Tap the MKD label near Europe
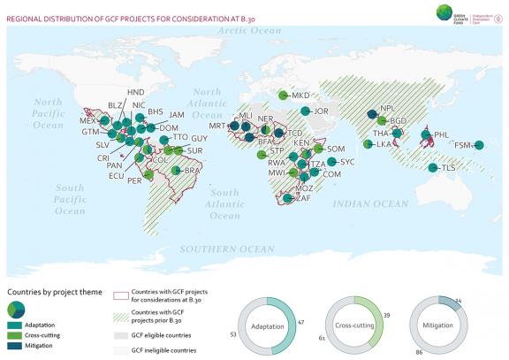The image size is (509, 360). click(x=301, y=95)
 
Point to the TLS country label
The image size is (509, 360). click(x=451, y=168)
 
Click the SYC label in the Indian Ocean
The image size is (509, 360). click(x=347, y=162)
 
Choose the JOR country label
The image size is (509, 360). click(x=321, y=111)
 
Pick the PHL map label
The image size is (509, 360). click(x=442, y=134)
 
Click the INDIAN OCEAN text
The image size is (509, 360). click(x=365, y=203)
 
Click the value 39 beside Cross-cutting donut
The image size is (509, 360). click(x=385, y=316)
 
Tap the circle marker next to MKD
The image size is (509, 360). click(x=283, y=96)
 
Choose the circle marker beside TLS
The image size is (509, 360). click(x=433, y=168)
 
